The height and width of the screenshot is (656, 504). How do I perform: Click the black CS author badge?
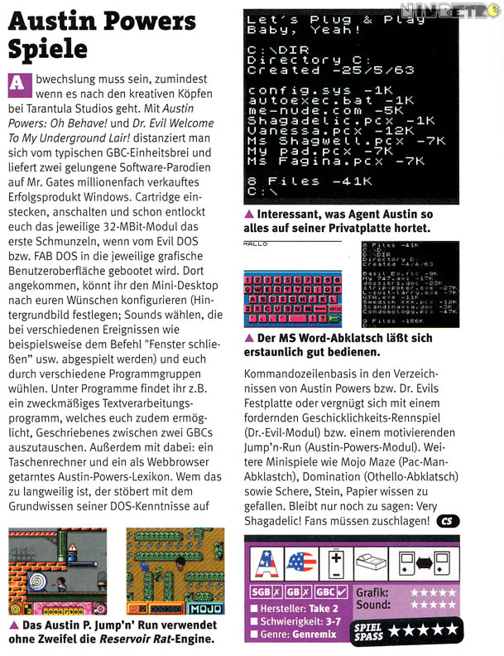(447, 521)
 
